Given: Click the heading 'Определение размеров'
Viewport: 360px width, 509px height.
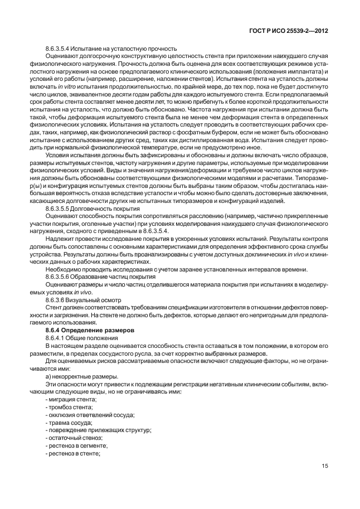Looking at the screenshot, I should coord(99,330).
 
